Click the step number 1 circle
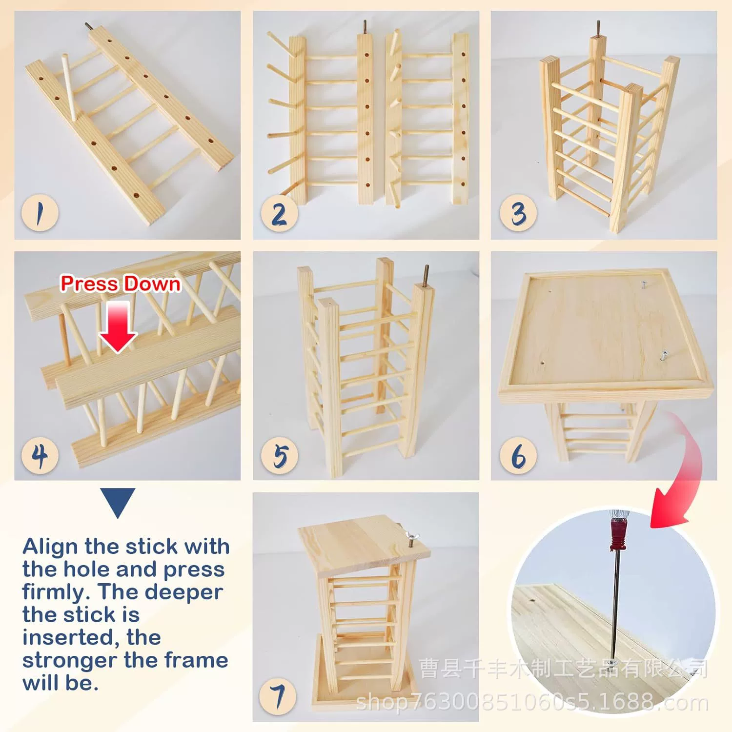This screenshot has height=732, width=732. [x=40, y=213]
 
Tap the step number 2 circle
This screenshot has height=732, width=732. [x=279, y=213]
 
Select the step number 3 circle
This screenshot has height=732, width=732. [x=518, y=213]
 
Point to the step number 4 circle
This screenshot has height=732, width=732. [x=40, y=455]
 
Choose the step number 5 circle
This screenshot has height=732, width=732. [x=279, y=455]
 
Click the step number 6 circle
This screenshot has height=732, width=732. [x=518, y=455]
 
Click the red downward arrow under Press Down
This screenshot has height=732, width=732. [x=118, y=326]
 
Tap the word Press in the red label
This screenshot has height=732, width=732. [x=89, y=284]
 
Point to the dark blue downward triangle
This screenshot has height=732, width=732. [x=118, y=501]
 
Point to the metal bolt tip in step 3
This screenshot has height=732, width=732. [x=598, y=28]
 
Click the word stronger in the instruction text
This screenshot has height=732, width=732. [x=69, y=660]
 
